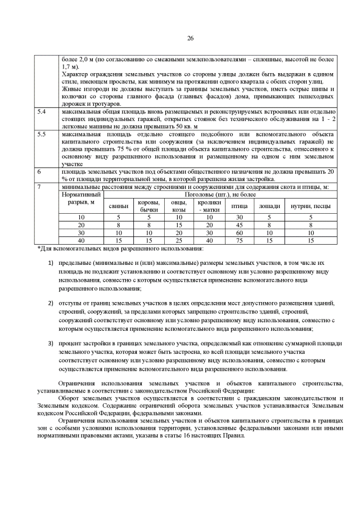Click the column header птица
(240, 206)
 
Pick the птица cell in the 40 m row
(240, 240)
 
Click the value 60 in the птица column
(240, 232)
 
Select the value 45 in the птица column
(240, 224)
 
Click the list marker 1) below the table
(50, 263)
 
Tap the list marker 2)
(50, 303)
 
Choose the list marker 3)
(50, 344)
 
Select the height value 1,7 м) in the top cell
(70, 66)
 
